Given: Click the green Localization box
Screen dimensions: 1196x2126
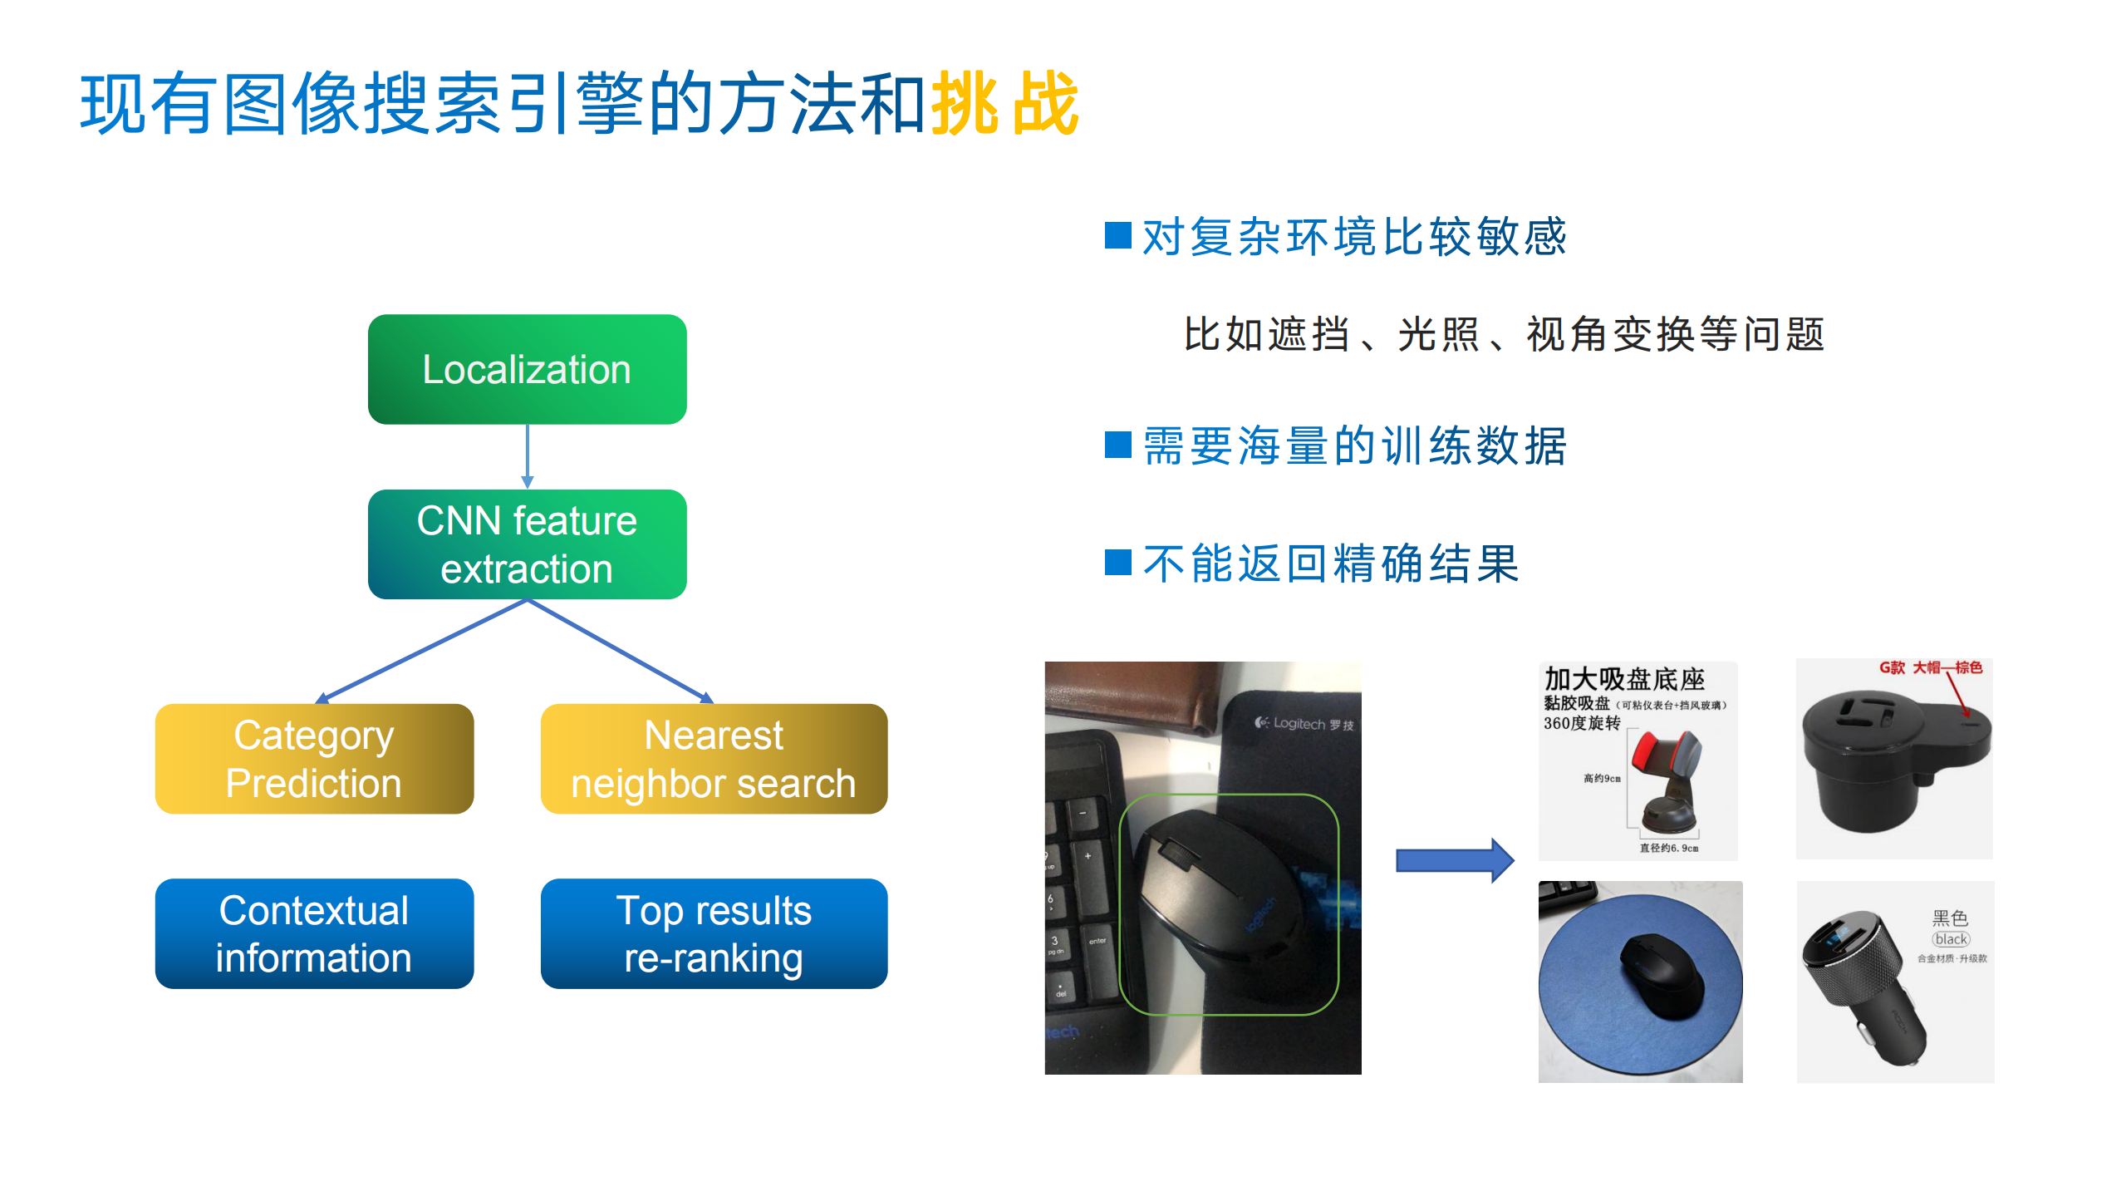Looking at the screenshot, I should [527, 369].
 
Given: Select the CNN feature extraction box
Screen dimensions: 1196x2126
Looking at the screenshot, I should [527, 544].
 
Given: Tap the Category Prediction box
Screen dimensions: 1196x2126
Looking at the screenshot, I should [314, 759].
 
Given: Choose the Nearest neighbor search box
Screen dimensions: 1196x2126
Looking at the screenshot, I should [714, 759].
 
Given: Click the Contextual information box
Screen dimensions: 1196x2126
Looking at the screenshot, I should [314, 933].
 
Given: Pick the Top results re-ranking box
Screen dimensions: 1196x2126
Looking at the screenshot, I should [714, 933].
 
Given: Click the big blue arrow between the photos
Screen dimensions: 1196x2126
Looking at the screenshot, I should [1454, 860].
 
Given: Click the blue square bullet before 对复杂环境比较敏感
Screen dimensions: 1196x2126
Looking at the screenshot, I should [1117, 235].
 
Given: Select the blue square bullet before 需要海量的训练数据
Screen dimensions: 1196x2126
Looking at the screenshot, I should [1117, 445].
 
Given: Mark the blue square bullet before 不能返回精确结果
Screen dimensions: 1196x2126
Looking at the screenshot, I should [1117, 563].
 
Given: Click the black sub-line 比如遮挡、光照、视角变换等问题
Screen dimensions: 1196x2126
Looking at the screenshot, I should [1504, 335].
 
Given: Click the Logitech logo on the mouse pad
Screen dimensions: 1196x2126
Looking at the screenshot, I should [1303, 723].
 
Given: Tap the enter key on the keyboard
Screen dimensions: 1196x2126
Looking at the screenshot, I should [1097, 942].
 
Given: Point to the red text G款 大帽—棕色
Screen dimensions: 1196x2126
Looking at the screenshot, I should [1929, 667].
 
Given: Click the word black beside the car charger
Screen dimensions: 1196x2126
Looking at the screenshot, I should [1951, 939].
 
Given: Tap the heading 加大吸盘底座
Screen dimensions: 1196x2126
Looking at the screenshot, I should [1624, 679].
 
